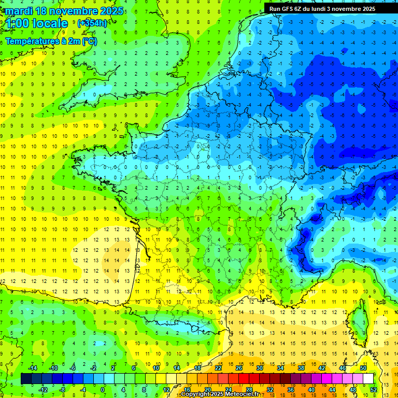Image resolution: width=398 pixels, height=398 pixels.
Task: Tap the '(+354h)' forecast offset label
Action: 92,23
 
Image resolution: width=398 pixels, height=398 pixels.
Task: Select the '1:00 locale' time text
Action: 37,23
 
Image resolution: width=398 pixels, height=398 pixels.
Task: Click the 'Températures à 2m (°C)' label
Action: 51,41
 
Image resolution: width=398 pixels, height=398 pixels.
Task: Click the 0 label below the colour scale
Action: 103,389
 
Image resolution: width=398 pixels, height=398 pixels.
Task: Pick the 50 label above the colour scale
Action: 363,367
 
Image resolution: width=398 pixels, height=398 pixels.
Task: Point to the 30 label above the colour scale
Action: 260,367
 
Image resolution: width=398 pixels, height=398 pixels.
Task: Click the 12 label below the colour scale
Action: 166,389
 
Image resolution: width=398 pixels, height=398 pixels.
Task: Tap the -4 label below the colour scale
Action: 82,389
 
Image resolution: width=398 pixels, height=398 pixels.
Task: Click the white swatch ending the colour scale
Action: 368,378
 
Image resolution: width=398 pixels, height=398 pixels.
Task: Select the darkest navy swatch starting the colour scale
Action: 26,378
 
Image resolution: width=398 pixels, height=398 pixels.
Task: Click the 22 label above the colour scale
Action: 218,367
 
